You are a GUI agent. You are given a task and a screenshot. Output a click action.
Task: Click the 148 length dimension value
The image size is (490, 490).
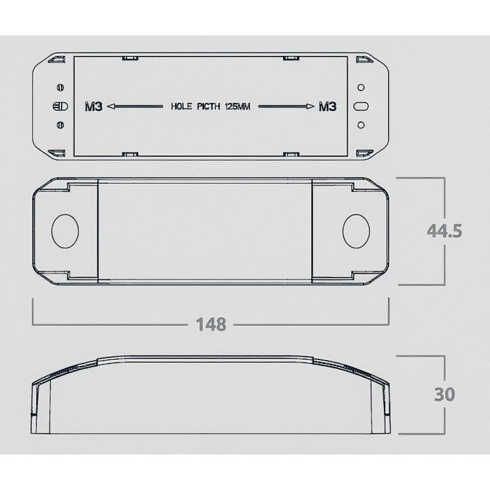tap(211, 325)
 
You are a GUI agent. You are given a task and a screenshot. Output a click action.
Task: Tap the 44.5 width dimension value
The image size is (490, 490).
tap(444, 231)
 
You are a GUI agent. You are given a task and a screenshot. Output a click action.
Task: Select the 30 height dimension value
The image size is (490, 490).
tap(444, 394)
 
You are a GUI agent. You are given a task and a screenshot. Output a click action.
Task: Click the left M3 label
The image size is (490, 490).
tap(94, 107)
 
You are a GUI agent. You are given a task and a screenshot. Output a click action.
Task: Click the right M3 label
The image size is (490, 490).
tap(327, 107)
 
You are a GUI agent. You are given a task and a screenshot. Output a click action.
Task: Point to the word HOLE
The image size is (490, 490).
tap(181, 107)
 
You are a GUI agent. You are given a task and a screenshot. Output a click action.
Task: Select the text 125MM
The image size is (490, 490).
tap(238, 107)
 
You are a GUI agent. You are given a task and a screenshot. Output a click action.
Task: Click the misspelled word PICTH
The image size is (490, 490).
tap(208, 107)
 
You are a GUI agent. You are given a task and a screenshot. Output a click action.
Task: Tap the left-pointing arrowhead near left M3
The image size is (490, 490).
tap(111, 107)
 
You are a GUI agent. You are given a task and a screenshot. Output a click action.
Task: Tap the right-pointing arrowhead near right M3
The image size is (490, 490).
tap(310, 107)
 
